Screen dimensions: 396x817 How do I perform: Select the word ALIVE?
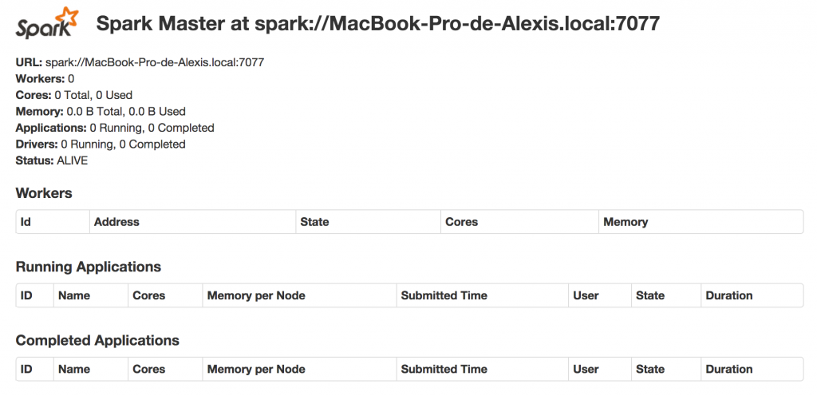click(x=72, y=160)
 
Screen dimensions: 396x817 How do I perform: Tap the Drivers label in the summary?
click(x=36, y=145)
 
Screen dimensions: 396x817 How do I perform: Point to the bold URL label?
click(x=29, y=61)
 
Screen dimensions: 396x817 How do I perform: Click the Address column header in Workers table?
click(x=116, y=222)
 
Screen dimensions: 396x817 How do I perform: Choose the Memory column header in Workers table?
click(x=626, y=222)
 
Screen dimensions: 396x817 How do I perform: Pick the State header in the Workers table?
click(x=314, y=222)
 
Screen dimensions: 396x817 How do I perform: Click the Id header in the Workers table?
click(x=26, y=222)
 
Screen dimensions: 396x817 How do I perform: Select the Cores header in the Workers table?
click(x=461, y=222)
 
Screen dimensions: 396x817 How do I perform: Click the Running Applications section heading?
click(x=88, y=267)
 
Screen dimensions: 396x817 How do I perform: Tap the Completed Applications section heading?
click(x=97, y=340)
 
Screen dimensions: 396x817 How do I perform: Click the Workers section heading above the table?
click(x=44, y=193)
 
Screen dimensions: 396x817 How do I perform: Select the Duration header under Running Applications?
click(x=728, y=295)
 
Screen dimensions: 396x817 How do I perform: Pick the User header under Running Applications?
click(x=586, y=295)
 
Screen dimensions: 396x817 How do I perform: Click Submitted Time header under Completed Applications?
click(x=444, y=369)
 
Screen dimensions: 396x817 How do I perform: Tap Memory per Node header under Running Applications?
click(x=256, y=295)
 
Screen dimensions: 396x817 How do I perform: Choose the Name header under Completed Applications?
click(x=74, y=369)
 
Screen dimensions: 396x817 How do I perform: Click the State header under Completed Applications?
click(x=650, y=369)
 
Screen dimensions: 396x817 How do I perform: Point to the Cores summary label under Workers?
click(x=33, y=95)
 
